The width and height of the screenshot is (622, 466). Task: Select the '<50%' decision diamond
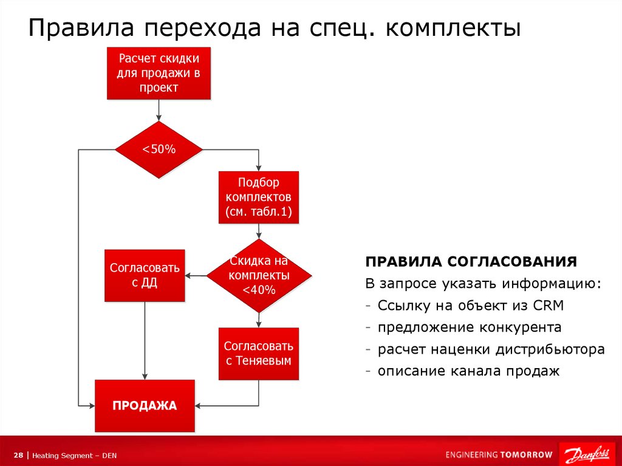tap(159, 149)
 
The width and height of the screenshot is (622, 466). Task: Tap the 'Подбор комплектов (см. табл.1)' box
tap(259, 197)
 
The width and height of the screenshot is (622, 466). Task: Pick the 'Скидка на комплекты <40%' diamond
tap(259, 276)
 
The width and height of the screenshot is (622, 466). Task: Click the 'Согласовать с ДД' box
tap(145, 275)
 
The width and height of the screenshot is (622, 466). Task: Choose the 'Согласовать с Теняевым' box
tap(259, 354)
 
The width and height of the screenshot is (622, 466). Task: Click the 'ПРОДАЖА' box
tap(145, 405)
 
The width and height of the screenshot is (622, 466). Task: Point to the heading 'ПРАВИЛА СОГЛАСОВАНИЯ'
tap(471, 262)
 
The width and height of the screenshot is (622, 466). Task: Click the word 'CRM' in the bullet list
tap(550, 306)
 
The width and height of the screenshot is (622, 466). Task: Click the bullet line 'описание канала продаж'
tap(468, 371)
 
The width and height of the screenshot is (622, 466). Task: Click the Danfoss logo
tap(587, 454)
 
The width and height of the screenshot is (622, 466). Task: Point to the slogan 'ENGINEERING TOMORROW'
tap(499, 454)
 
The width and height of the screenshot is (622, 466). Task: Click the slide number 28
tap(18, 455)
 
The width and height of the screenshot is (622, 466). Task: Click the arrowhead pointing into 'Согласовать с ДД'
tap(188, 276)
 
